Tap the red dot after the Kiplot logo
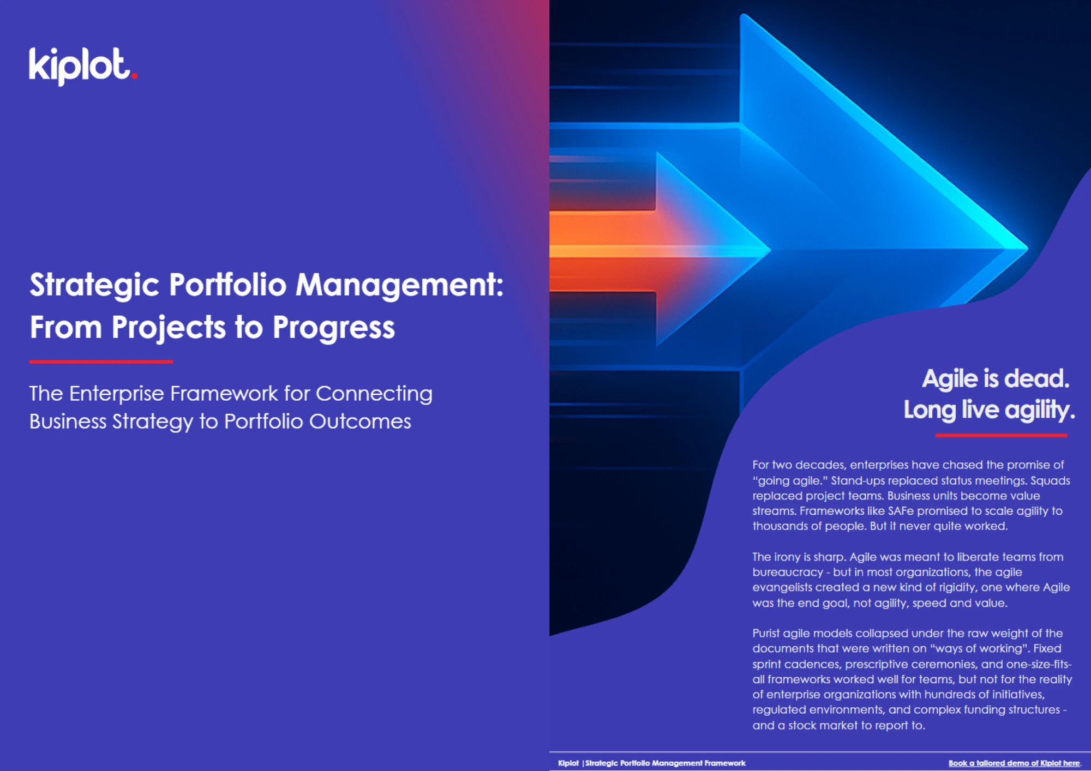(134, 76)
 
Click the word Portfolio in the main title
(227, 285)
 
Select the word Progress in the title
(333, 328)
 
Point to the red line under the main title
(101, 362)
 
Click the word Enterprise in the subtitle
(116, 394)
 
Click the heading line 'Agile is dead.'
(996, 378)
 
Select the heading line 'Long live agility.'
(989, 410)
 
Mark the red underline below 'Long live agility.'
(1001, 436)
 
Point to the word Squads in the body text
(1050, 480)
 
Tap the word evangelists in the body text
(782, 588)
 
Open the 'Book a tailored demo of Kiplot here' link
(1014, 763)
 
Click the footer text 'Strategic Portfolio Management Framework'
(665, 763)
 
